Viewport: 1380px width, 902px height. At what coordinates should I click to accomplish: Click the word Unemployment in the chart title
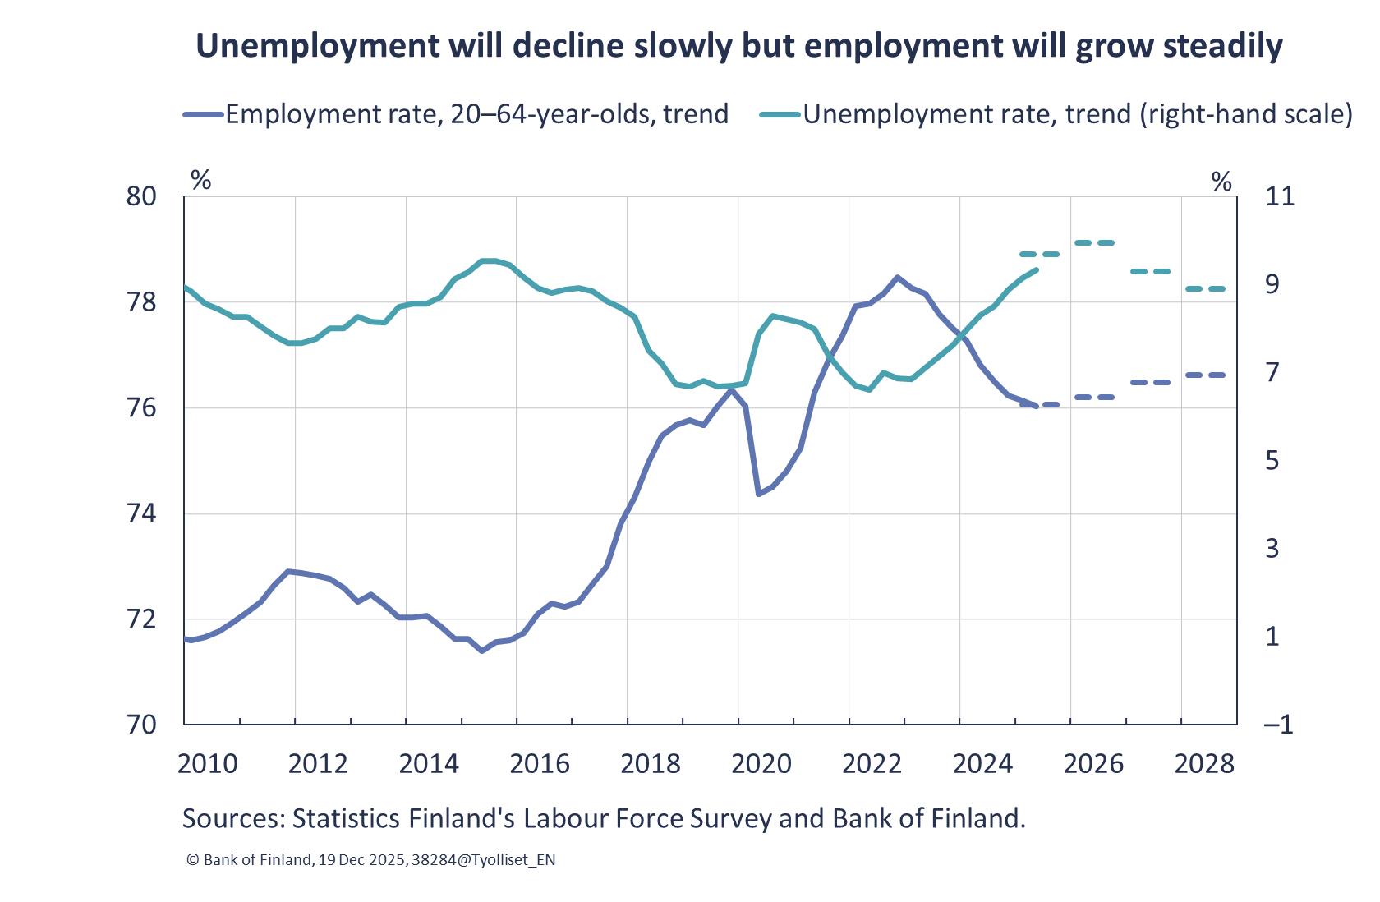(x=315, y=46)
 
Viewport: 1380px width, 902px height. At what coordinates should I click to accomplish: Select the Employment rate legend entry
(x=476, y=114)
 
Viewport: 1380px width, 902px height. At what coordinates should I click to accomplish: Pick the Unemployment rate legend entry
(x=1077, y=114)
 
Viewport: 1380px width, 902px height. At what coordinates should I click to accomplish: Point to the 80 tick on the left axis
(x=141, y=196)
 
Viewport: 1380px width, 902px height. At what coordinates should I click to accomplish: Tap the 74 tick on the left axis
(x=141, y=513)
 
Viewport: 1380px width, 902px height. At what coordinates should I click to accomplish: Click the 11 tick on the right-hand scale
(x=1280, y=196)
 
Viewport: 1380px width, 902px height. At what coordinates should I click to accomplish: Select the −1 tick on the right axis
(x=1278, y=724)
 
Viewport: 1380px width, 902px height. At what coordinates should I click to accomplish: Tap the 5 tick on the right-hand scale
(x=1272, y=460)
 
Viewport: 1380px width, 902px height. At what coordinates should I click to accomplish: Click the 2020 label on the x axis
(x=761, y=764)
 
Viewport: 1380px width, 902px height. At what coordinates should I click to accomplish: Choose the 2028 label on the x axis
(x=1203, y=764)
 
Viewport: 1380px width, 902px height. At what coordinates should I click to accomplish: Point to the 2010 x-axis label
(x=207, y=764)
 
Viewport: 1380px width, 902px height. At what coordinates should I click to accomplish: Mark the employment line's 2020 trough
(x=758, y=494)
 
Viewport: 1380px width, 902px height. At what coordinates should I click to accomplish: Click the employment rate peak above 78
(x=897, y=278)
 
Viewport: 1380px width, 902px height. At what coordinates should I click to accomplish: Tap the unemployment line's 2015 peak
(x=489, y=260)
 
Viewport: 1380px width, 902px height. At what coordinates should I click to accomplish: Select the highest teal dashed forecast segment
(x=1094, y=242)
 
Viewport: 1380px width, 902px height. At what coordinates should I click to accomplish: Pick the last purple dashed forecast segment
(x=1205, y=375)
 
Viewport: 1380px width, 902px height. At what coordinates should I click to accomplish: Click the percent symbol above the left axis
(x=200, y=180)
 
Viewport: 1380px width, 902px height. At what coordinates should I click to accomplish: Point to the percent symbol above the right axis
(x=1221, y=182)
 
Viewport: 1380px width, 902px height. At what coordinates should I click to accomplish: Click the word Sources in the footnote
(x=232, y=818)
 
